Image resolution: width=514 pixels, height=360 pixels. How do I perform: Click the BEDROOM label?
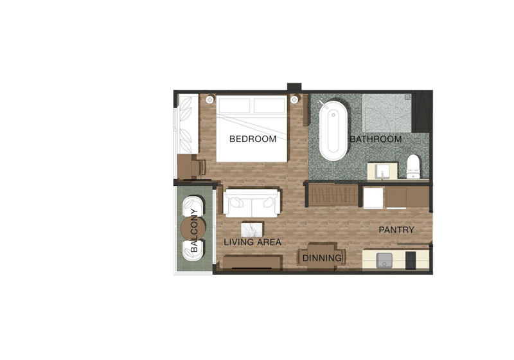click(253, 139)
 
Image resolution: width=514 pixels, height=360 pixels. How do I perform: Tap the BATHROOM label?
click(376, 139)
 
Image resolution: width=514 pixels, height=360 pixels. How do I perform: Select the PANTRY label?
click(396, 230)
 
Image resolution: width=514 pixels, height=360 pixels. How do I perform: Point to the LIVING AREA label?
click(253, 242)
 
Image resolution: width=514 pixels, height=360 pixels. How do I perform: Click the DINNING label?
click(322, 258)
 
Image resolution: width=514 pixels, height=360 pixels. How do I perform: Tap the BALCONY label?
click(194, 230)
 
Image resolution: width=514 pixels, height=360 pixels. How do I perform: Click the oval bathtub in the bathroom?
click(333, 130)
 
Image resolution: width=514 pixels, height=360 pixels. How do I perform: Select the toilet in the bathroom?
click(413, 166)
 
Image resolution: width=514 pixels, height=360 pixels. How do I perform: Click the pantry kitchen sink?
click(384, 260)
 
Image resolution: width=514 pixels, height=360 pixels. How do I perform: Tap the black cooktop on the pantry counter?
click(411, 260)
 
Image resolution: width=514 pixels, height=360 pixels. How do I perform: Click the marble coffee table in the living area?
click(252, 230)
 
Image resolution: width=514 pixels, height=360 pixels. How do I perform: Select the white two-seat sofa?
click(252, 203)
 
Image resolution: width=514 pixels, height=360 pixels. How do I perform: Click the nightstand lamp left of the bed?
click(210, 100)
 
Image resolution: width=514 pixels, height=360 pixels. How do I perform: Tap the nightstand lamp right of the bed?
click(294, 99)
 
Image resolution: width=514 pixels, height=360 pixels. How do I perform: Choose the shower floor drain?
click(407, 97)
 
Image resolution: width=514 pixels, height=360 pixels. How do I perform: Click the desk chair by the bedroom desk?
click(199, 168)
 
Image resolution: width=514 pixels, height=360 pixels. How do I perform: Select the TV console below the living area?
click(253, 262)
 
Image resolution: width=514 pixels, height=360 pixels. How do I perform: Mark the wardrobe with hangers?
click(333, 195)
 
